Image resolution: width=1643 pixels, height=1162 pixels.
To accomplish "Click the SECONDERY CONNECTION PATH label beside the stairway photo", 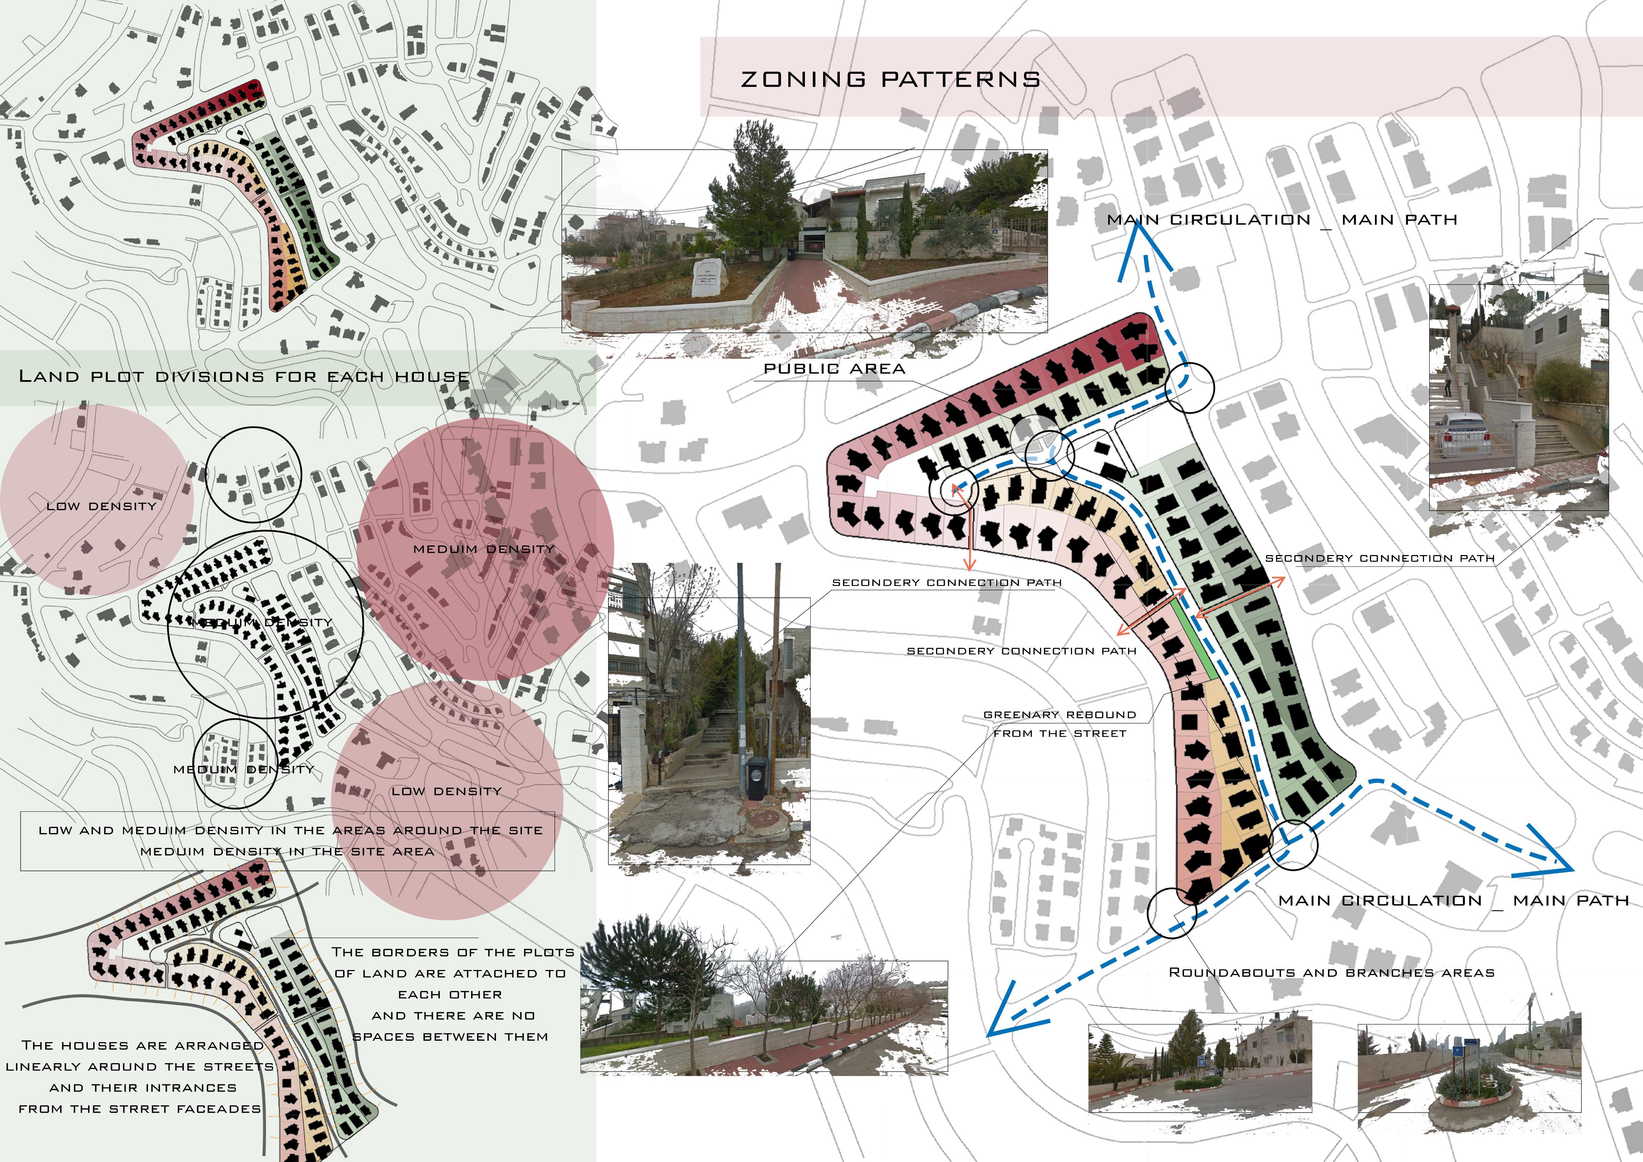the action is pyautogui.click(x=1380, y=558).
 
